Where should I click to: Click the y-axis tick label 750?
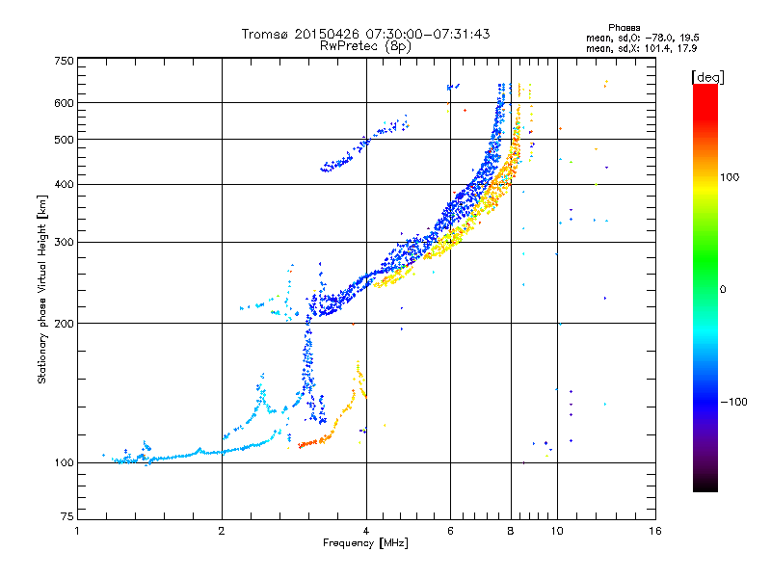click(65, 60)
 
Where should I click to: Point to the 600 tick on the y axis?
click(65, 103)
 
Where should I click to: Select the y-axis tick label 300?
click(65, 242)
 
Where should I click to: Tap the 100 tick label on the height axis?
click(65, 463)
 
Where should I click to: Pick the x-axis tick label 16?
click(654, 531)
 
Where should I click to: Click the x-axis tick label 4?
click(366, 531)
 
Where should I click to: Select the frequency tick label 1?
click(77, 531)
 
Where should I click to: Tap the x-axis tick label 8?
click(511, 531)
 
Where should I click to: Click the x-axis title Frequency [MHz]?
click(366, 544)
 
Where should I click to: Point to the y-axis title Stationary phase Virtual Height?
click(42, 289)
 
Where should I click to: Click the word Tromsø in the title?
click(265, 34)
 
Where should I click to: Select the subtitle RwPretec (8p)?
click(366, 45)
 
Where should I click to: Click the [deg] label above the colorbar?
click(708, 76)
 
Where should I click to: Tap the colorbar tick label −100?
click(739, 402)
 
